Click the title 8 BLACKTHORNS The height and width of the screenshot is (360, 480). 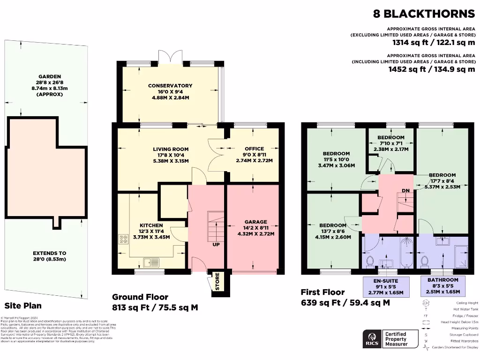point(424,14)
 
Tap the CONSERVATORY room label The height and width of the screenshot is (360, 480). point(170,86)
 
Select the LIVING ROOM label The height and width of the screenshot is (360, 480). point(170,149)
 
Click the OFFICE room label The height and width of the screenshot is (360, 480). point(254,149)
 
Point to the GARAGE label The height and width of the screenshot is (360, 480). point(255,222)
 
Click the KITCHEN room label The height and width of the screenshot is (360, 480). point(150,225)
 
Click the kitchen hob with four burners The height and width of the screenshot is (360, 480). point(124,239)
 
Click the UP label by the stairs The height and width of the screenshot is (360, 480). point(216,244)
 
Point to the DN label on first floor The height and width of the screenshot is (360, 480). point(405,191)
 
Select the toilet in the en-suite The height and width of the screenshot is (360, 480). point(370,260)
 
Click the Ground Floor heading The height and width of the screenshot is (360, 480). point(140,297)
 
